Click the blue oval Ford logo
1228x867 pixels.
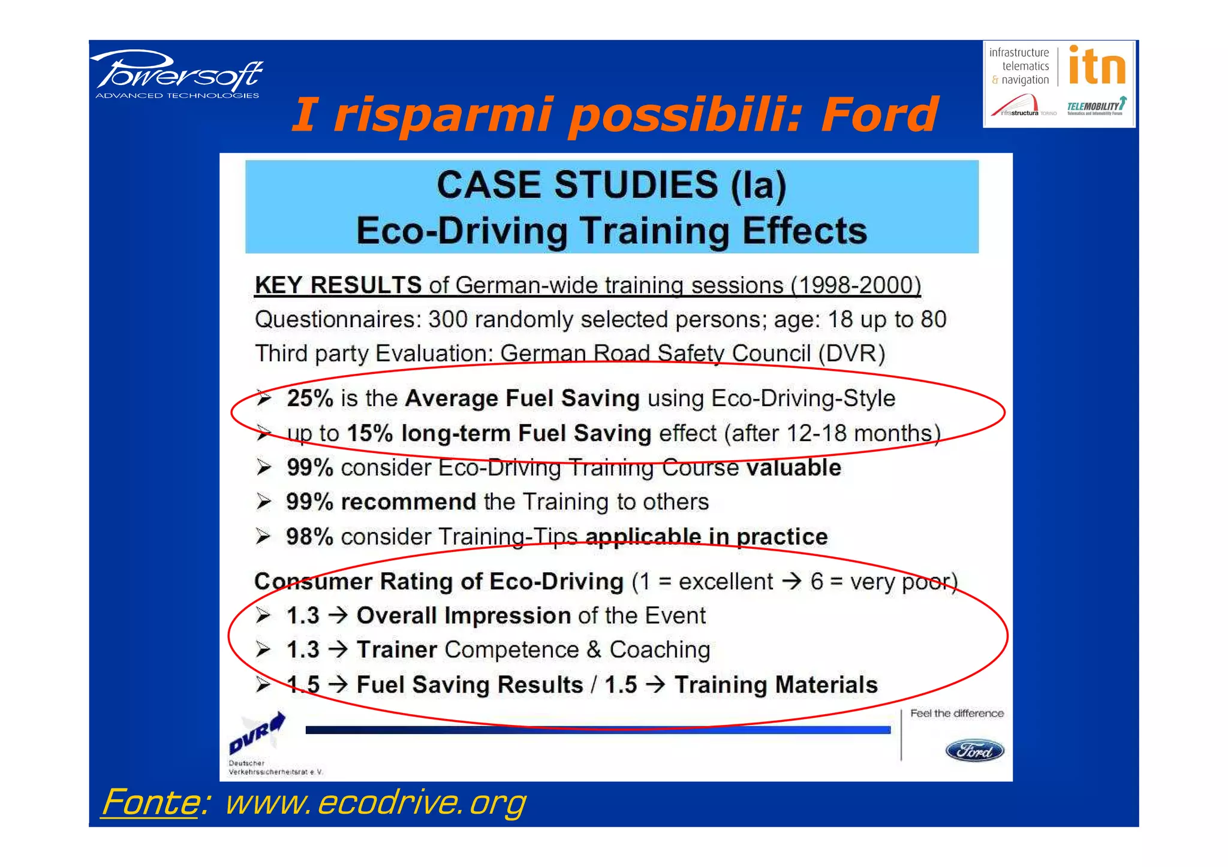[x=974, y=750]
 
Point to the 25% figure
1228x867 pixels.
[x=309, y=398]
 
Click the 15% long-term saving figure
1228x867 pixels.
[x=369, y=433]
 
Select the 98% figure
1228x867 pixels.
[x=309, y=537]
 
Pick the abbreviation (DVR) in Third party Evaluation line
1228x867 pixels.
[x=851, y=354]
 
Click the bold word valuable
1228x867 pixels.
[x=793, y=468]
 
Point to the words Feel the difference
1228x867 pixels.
[x=956, y=713]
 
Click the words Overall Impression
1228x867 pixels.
[x=463, y=616]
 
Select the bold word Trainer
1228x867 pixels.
[x=397, y=650]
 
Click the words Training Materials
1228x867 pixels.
[x=776, y=685]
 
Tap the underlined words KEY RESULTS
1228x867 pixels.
[x=338, y=285]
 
